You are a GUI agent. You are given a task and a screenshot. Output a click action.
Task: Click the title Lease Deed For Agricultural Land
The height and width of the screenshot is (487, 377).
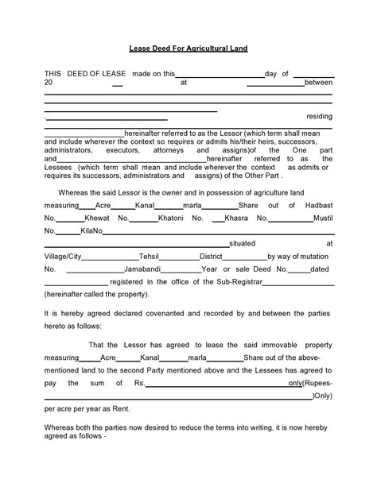[188, 48]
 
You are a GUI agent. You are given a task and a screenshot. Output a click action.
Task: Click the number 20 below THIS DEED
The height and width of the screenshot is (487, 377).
[49, 82]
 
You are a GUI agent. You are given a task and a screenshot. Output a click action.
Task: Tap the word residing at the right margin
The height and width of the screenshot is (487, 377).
[319, 116]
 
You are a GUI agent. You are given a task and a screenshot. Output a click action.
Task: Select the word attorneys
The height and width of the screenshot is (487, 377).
[169, 150]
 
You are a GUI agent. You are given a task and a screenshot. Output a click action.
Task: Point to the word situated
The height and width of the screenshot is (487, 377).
[242, 244]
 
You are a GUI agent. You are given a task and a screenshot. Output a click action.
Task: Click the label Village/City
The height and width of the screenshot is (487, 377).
[63, 257]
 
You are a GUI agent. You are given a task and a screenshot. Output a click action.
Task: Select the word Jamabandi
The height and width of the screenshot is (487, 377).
[143, 269]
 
